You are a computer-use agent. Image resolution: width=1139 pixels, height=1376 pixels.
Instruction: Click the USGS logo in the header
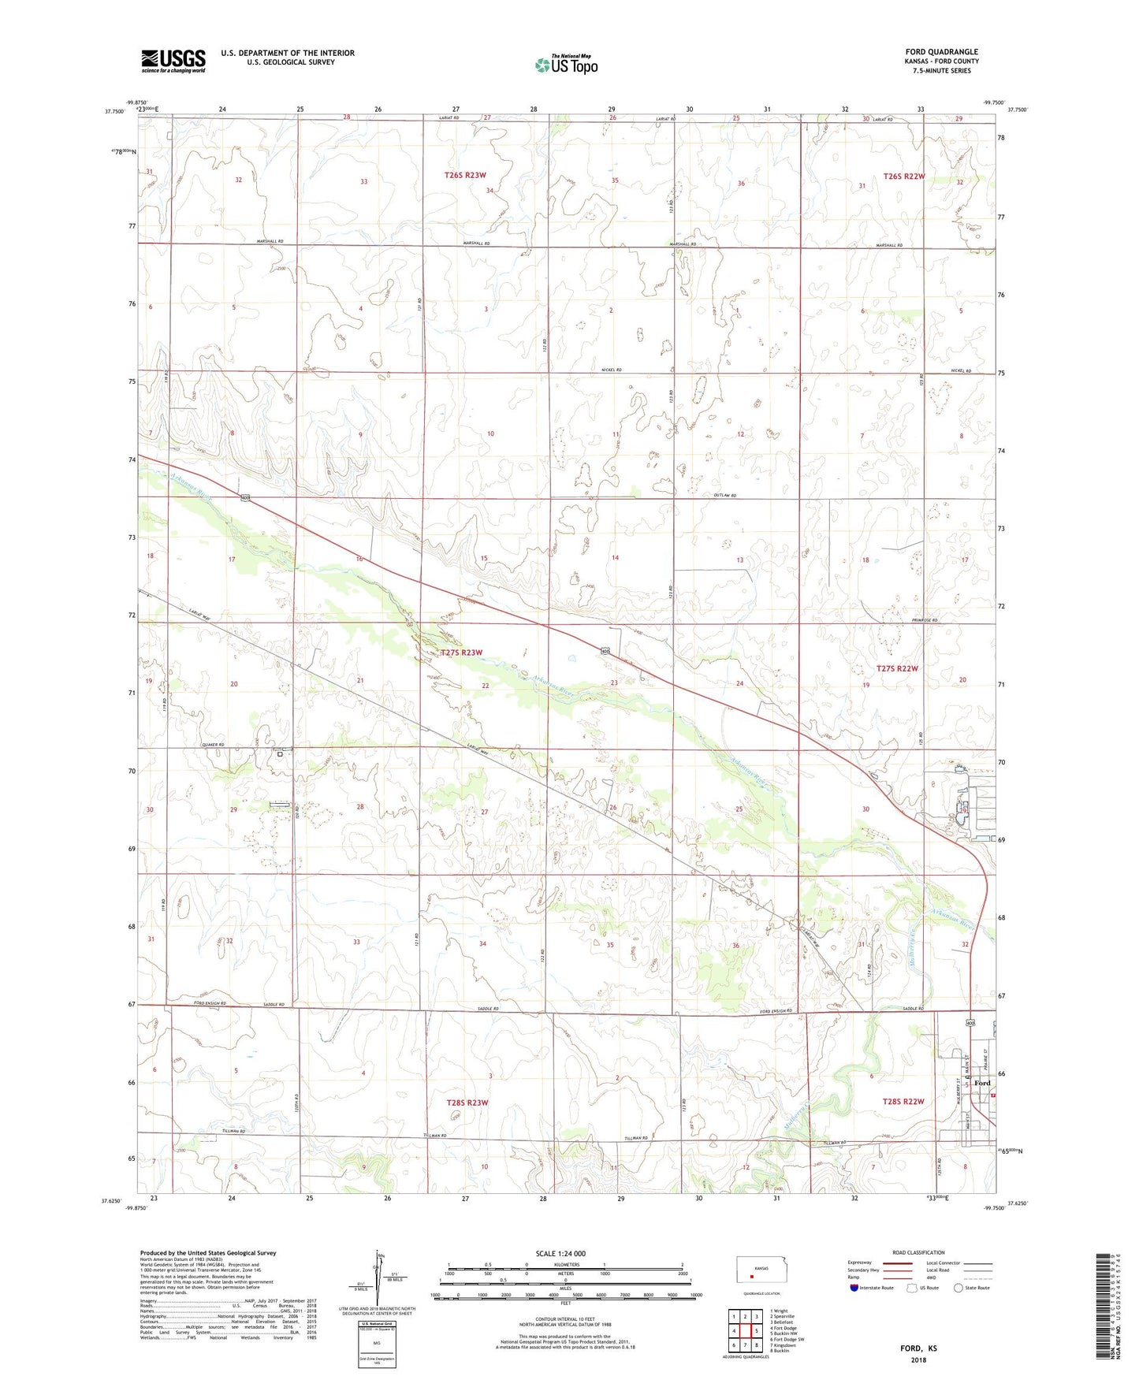pyautogui.click(x=173, y=61)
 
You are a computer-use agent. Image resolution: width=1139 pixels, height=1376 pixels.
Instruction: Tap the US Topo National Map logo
pyautogui.click(x=566, y=65)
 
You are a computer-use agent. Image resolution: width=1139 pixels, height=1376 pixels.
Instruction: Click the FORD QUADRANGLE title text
pyautogui.click(x=942, y=52)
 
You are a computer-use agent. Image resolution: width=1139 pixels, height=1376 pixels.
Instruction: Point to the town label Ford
pyautogui.click(x=982, y=1083)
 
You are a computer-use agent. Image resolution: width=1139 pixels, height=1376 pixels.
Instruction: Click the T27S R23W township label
pyautogui.click(x=461, y=653)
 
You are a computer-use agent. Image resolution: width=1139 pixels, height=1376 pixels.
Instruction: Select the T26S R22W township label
pyautogui.click(x=903, y=177)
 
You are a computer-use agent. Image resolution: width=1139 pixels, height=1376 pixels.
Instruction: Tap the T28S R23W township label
pyautogui.click(x=467, y=1103)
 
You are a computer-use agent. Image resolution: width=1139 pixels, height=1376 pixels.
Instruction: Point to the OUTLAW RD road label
pyautogui.click(x=724, y=496)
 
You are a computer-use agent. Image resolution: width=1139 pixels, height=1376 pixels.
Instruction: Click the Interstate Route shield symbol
pyautogui.click(x=855, y=1288)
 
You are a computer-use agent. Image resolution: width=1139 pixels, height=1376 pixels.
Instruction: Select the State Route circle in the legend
pyautogui.click(x=958, y=1288)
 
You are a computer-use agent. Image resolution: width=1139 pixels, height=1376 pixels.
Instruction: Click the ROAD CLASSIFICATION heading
pyautogui.click(x=918, y=1252)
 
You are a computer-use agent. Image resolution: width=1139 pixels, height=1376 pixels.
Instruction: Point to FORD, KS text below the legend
pyautogui.click(x=918, y=1348)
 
